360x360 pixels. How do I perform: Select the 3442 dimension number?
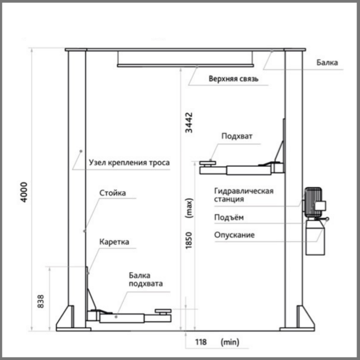click(x=189, y=122)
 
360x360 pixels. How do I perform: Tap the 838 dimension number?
click(x=40, y=302)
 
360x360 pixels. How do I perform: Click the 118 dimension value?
click(x=201, y=342)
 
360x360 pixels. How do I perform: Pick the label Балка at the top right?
click(x=327, y=63)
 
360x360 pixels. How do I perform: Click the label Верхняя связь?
click(x=233, y=79)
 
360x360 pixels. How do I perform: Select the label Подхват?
click(x=237, y=136)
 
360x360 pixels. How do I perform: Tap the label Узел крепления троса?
click(x=129, y=163)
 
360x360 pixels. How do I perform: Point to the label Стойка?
click(x=112, y=193)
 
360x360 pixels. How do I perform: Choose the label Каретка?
click(x=114, y=242)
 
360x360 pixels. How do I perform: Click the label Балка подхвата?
click(x=146, y=279)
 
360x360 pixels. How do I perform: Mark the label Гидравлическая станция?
click(x=244, y=195)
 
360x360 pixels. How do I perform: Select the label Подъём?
click(x=229, y=218)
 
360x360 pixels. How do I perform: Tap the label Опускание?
click(x=234, y=235)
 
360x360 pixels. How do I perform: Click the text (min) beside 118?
click(x=230, y=342)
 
